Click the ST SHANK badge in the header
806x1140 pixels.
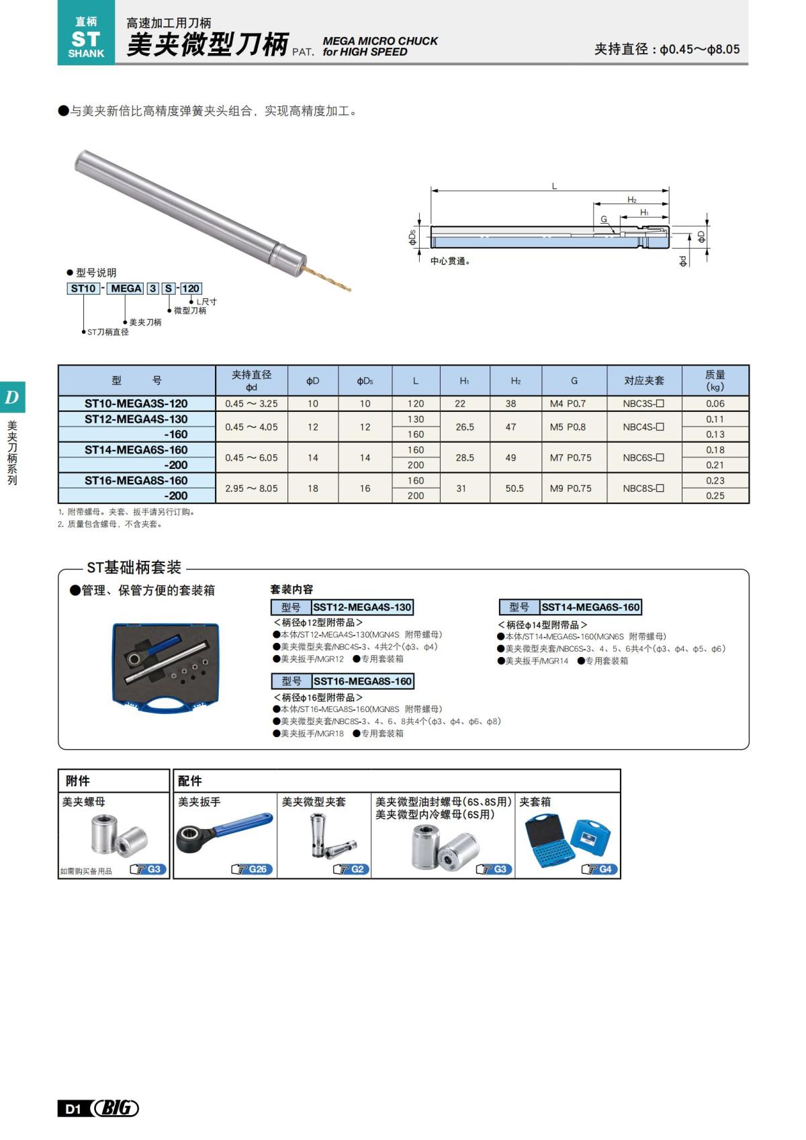coord(86,39)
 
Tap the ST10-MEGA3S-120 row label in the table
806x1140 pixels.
coord(136,404)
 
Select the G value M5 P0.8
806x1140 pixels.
coord(568,427)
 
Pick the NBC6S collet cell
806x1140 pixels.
coord(643,457)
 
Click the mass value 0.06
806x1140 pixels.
coord(715,404)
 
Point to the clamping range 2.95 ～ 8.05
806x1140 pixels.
coord(251,488)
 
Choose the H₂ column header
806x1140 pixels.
coord(515,381)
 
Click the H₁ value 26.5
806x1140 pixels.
coord(465,427)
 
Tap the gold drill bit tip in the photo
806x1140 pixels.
coord(347,289)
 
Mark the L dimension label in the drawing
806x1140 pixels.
coord(554,186)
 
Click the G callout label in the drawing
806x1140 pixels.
coord(604,220)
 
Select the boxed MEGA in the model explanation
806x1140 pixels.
coord(126,288)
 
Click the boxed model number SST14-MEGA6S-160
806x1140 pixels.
coord(590,607)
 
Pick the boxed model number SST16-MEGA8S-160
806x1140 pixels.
coord(363,681)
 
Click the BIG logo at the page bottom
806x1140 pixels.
coord(116,1108)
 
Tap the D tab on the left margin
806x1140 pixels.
coord(12,398)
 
